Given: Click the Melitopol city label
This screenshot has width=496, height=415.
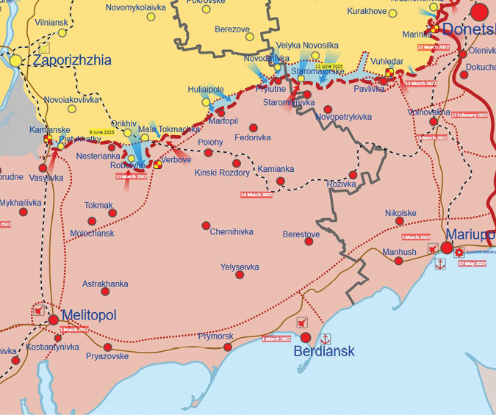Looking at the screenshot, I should [89, 315].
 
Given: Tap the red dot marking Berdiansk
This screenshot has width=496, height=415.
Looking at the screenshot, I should [306, 337].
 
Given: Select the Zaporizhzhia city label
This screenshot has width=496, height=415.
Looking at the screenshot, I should [71, 60].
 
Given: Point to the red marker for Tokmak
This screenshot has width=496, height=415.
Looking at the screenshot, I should [112, 213].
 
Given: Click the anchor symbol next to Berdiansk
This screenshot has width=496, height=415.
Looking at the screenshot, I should [326, 339].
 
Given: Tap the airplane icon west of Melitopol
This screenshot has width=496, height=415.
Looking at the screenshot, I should [38, 311].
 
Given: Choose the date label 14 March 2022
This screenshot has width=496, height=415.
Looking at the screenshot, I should [256, 195].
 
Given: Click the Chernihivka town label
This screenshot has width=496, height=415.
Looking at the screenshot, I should [231, 232].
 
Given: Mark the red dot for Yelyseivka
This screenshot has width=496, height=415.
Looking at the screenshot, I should [240, 275].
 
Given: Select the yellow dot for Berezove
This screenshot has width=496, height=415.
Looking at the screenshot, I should [250, 37].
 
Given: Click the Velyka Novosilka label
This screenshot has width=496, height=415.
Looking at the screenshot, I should [308, 46].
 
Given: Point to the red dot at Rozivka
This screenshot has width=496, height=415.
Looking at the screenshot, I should [353, 175].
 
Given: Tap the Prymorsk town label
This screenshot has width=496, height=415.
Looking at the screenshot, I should [215, 336].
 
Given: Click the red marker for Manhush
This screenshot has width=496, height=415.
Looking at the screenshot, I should [398, 261].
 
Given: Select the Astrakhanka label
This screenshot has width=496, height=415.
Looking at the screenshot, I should [105, 284].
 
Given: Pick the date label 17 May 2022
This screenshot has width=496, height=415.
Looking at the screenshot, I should [472, 263].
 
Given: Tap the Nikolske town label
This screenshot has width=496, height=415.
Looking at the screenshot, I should [400, 214].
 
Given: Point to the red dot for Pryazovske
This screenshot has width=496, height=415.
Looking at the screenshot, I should [108, 347].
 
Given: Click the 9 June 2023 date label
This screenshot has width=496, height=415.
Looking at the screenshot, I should [102, 132].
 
